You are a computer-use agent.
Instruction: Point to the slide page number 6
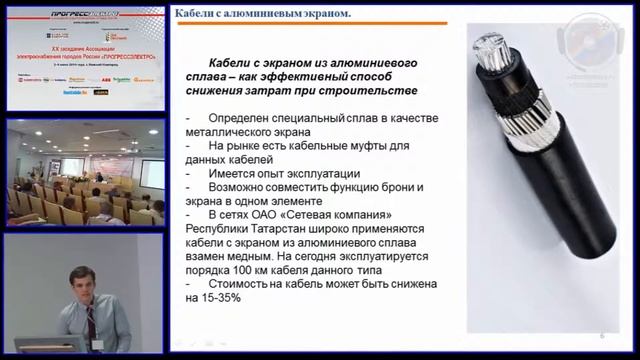coord(602,336)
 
